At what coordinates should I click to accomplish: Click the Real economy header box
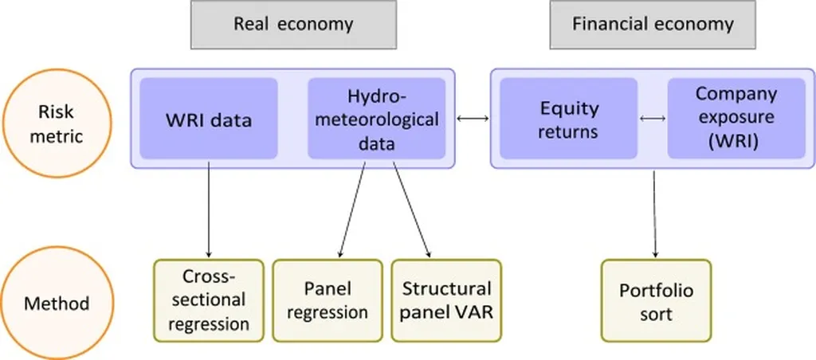click(292, 24)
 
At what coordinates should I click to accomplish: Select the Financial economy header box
click(653, 24)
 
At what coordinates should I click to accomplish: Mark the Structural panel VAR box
click(446, 301)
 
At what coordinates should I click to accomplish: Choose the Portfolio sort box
click(656, 301)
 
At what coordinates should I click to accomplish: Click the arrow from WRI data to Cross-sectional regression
click(209, 211)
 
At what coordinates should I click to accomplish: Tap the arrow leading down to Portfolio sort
click(654, 211)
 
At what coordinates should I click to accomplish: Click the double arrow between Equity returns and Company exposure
click(653, 119)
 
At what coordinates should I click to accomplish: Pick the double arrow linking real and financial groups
click(473, 119)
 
